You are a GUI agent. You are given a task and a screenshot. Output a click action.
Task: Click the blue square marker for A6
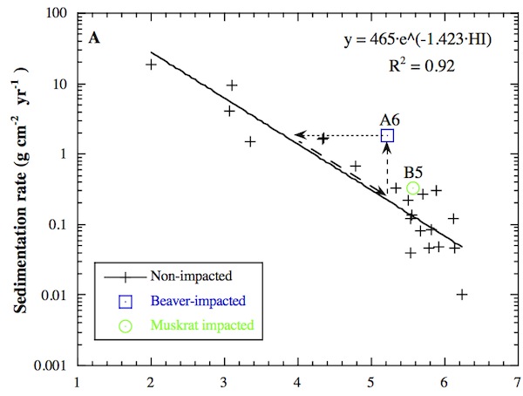click(387, 135)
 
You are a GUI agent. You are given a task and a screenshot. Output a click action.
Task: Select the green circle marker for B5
click(414, 188)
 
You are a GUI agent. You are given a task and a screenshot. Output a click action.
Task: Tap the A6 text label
click(390, 119)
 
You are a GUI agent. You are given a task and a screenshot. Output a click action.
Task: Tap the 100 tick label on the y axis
click(58, 14)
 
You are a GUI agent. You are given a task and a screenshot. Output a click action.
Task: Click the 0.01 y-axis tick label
click(56, 295)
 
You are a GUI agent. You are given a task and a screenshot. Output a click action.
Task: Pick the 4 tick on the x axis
click(298, 382)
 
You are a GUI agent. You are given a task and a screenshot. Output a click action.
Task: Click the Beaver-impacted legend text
click(195, 301)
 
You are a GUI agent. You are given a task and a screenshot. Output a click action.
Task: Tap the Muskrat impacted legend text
click(197, 325)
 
